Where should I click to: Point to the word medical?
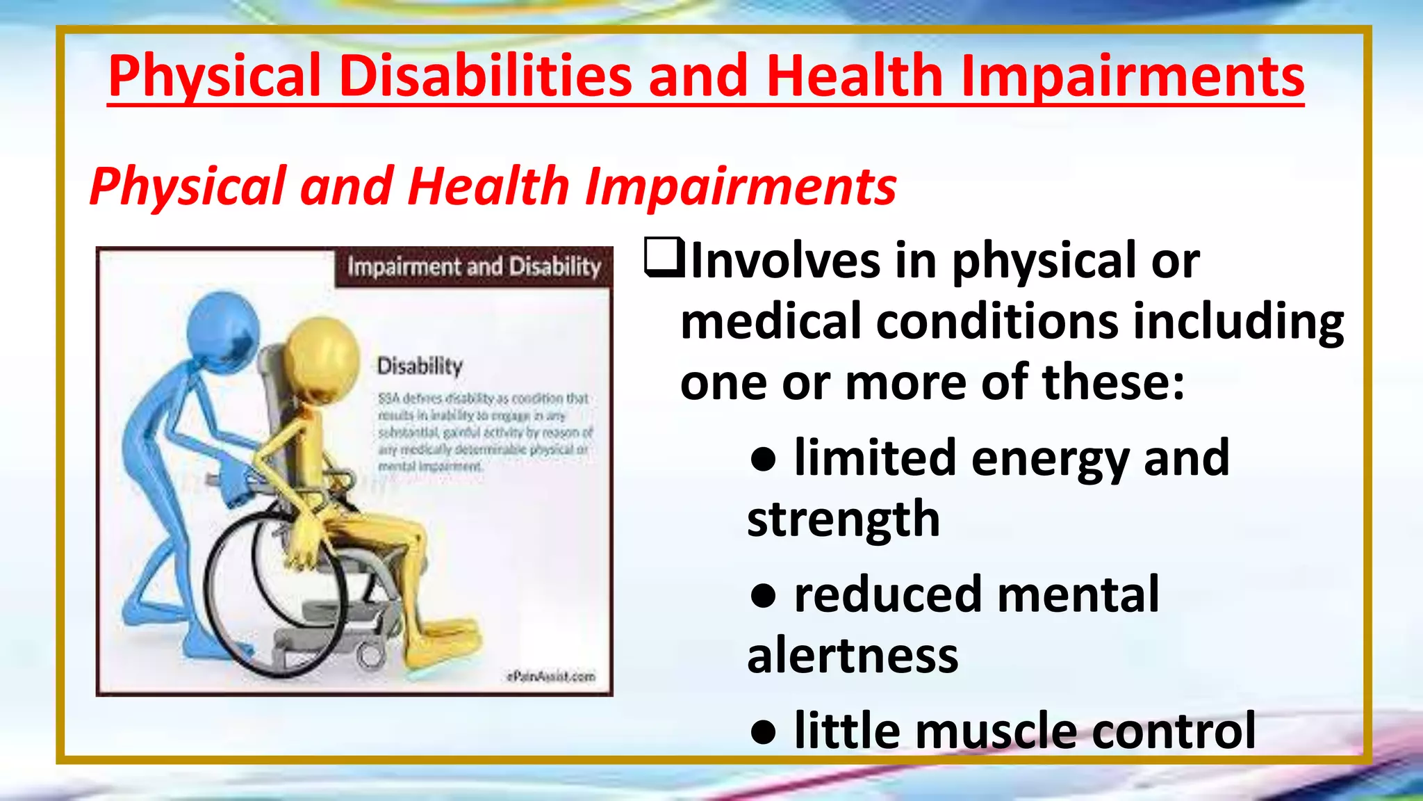coord(771,322)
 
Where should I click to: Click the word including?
coord(1237,322)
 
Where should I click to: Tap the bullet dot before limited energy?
coord(763,460)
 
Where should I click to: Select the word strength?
coord(843,519)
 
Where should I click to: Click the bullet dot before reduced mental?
coord(763,597)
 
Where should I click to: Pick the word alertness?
coord(852,656)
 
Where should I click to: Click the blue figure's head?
coord(223,330)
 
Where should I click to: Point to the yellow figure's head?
coord(320,355)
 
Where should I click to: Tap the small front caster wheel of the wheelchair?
coord(370,654)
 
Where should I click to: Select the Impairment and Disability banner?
coord(474,267)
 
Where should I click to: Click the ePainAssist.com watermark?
coord(550,676)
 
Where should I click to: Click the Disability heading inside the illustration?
coord(419,366)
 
